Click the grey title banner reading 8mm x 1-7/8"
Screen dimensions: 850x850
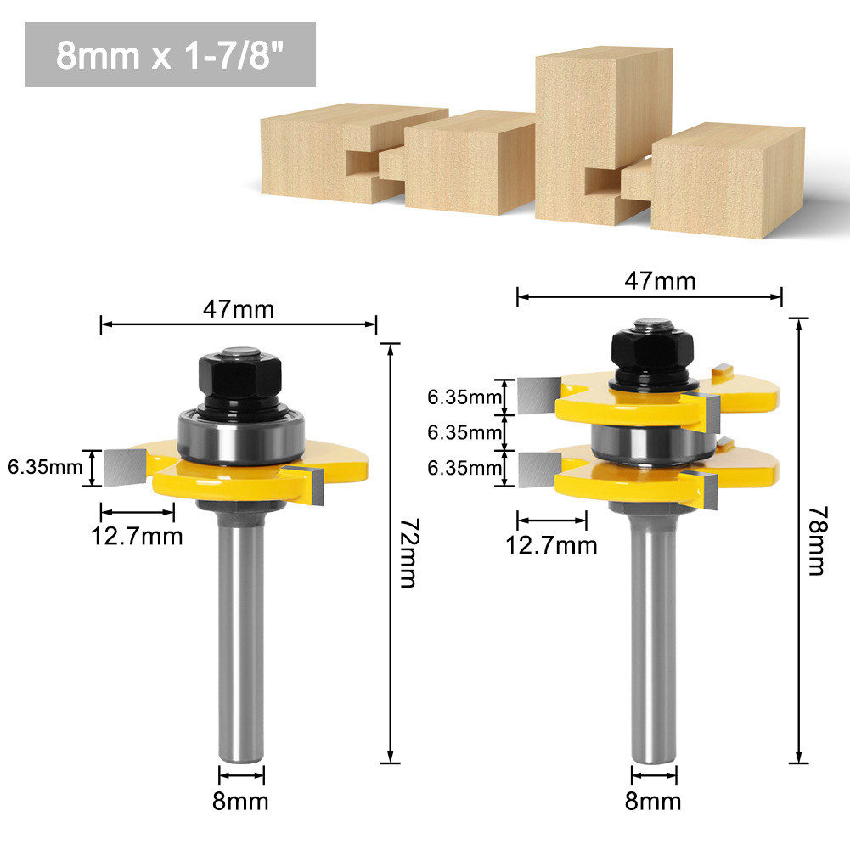(170, 55)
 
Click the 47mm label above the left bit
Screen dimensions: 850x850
(239, 309)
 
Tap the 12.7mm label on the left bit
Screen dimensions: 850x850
(138, 537)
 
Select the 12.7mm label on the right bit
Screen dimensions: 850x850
(552, 544)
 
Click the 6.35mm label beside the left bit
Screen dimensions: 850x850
(45, 468)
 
